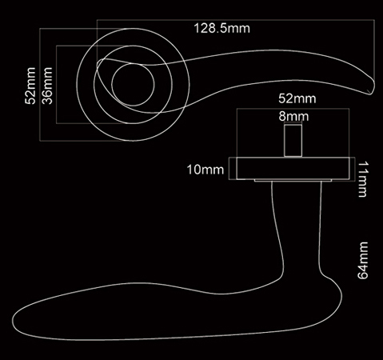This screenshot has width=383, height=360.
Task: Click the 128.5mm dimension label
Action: tap(222, 28)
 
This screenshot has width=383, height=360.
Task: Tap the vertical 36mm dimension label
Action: tap(47, 86)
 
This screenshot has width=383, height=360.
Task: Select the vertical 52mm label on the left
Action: tap(30, 86)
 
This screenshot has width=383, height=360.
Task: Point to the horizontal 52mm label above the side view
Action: tap(297, 98)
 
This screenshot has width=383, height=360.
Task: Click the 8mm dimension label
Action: tap(293, 117)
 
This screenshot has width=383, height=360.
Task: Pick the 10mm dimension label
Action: tap(205, 170)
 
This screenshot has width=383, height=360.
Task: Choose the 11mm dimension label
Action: tap(362, 179)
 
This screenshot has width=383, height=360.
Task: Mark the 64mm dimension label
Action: tap(362, 261)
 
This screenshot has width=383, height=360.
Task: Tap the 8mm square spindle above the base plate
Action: tap(293, 141)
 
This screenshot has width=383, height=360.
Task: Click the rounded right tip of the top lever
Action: tap(373, 85)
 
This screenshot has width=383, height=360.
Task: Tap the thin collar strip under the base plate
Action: tap(293, 181)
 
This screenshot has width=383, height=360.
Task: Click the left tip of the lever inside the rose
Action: tap(98, 65)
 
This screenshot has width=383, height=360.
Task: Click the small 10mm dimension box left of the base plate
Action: tap(233, 169)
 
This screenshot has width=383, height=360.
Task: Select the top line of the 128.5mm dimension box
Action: tap(236, 20)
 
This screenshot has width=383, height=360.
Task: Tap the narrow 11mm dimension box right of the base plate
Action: tap(353, 170)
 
